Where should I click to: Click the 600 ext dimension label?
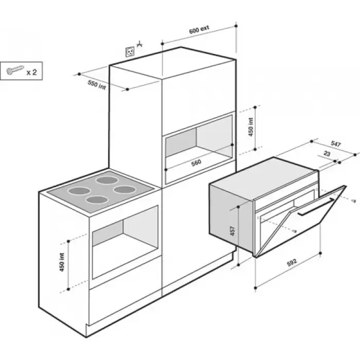[199, 30]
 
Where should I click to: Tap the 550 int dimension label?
[97, 85]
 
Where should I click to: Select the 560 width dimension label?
[196, 163]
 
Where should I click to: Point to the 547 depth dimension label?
[336, 144]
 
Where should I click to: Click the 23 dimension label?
[327, 153]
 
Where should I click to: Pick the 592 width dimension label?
[292, 262]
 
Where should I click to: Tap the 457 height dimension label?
[232, 231]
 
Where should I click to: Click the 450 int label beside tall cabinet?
[251, 127]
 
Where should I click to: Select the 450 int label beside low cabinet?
[62, 262]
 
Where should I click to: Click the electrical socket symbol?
[130, 51]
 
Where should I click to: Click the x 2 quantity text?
[32, 73]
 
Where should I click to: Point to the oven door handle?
[316, 207]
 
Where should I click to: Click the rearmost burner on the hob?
[107, 180]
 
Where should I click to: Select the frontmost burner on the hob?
[97, 200]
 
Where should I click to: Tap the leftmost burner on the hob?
[79, 191]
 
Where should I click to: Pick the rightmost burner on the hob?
[125, 190]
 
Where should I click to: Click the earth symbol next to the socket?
[139, 44]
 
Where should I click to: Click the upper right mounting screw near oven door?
[354, 201]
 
